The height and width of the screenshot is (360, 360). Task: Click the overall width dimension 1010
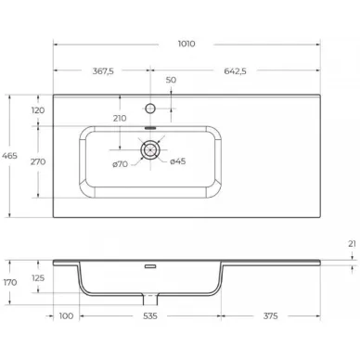coord(186,44)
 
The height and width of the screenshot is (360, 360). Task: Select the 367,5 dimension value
coord(103,71)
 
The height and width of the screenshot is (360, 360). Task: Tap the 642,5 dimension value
coord(235,71)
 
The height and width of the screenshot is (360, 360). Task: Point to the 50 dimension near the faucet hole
coord(171,80)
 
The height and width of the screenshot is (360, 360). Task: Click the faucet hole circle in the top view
coord(150,109)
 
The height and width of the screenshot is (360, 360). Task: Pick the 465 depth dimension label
coord(9,156)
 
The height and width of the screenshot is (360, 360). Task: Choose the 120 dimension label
coord(38,110)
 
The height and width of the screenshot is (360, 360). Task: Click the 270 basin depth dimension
coord(38,161)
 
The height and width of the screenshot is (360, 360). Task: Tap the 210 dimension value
coord(120,118)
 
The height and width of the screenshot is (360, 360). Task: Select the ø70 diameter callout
coord(120,164)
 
